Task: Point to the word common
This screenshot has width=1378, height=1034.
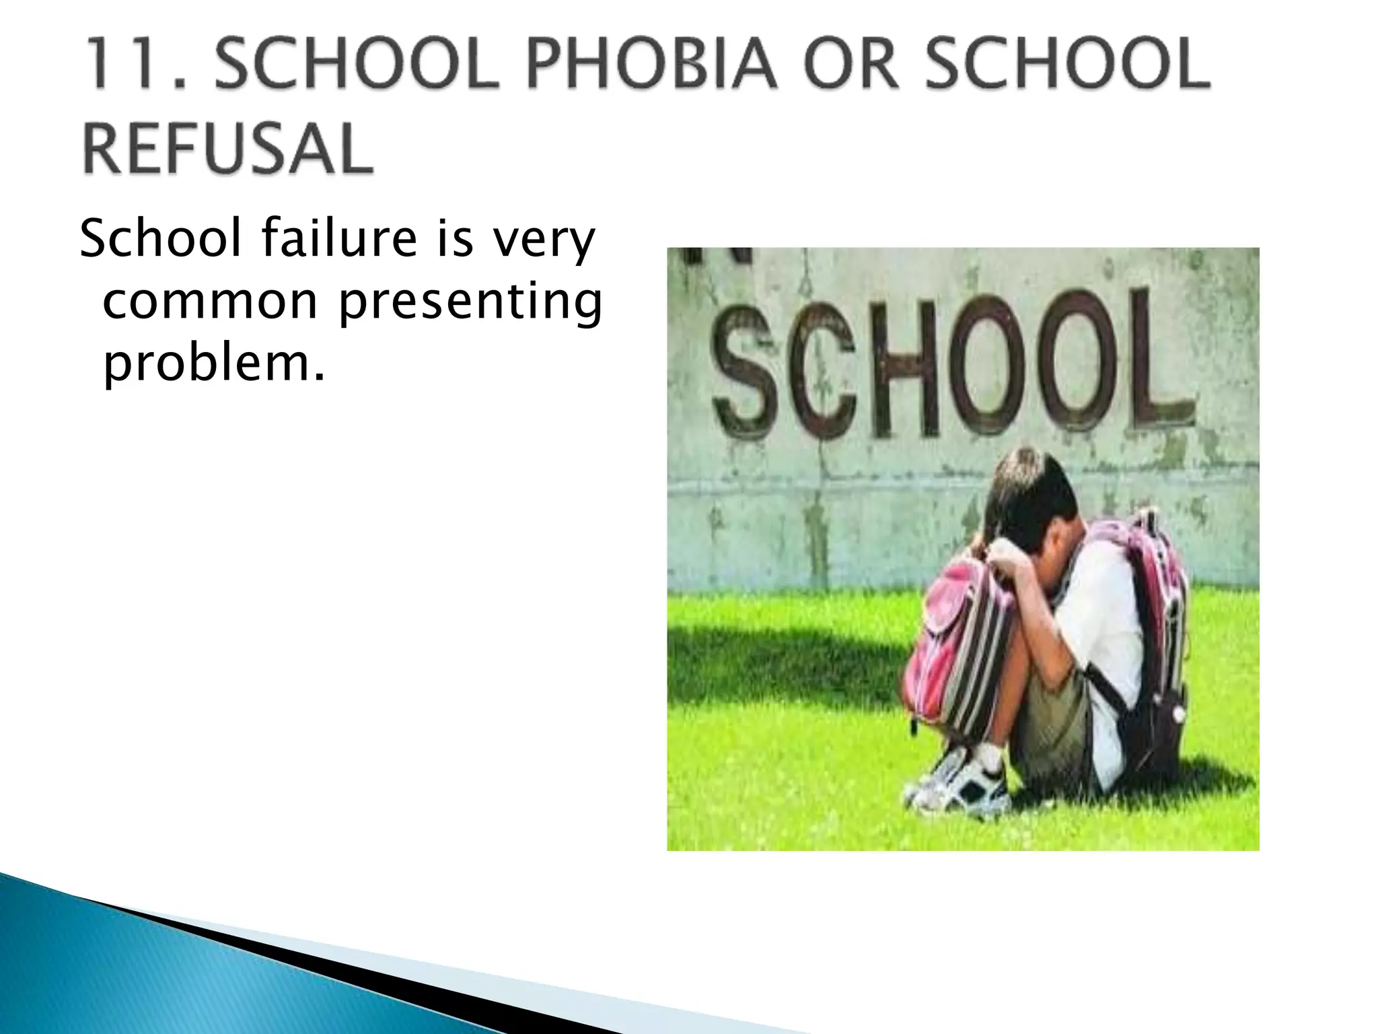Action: coord(209,302)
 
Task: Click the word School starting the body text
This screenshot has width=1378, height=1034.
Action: coord(160,240)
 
